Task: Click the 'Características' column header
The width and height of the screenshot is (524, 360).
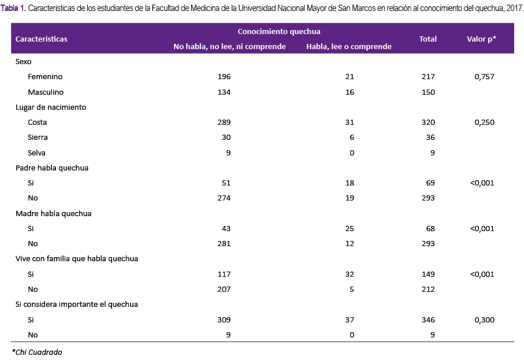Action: coord(42,39)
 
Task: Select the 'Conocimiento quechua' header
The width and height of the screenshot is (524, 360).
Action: coord(279,31)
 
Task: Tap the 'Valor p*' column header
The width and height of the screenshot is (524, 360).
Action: coord(482,39)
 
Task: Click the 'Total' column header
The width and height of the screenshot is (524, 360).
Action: coord(428,39)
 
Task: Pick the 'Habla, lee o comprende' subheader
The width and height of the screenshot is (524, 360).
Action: coord(349,46)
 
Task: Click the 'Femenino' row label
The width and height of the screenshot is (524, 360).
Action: coord(45,76)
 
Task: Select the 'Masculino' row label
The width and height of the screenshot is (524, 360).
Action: coord(46,92)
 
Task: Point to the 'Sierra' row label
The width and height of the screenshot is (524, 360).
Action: coord(38,138)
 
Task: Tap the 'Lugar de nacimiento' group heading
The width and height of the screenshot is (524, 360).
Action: coord(51,107)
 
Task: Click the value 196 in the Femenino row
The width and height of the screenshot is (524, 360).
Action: coord(224,76)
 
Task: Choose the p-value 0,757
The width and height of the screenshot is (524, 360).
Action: coord(484,76)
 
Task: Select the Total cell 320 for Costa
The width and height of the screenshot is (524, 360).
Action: coord(428,123)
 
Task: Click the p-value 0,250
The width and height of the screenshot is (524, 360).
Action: coord(484,123)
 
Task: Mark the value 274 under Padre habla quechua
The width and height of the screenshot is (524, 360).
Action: coord(224,198)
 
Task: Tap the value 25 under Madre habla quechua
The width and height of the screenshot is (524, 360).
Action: coord(350,229)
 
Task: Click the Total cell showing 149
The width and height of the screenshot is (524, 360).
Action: coord(428,274)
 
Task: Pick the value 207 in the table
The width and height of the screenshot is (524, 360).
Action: coord(224,289)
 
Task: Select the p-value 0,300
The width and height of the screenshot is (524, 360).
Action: coord(484,320)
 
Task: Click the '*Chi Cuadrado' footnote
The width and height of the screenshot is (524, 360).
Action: coord(37,352)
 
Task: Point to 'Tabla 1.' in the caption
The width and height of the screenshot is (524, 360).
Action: coord(13,8)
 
